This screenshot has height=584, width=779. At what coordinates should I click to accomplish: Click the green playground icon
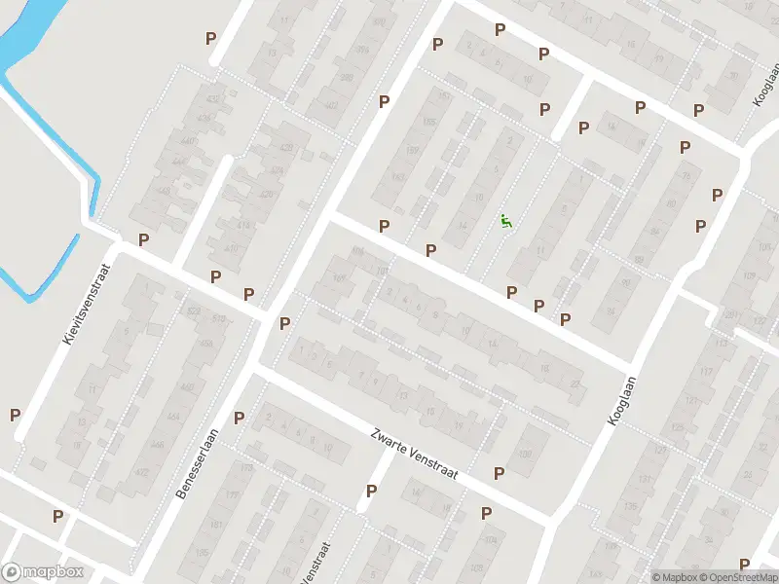point(504,221)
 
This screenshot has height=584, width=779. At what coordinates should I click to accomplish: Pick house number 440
point(190,141)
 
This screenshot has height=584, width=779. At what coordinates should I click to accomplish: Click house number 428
point(285,148)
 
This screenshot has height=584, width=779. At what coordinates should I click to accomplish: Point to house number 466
point(206,343)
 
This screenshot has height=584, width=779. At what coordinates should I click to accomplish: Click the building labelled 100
point(526,454)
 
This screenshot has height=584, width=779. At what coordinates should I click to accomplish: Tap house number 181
point(216,525)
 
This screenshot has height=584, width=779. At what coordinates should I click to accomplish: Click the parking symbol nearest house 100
point(500,474)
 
